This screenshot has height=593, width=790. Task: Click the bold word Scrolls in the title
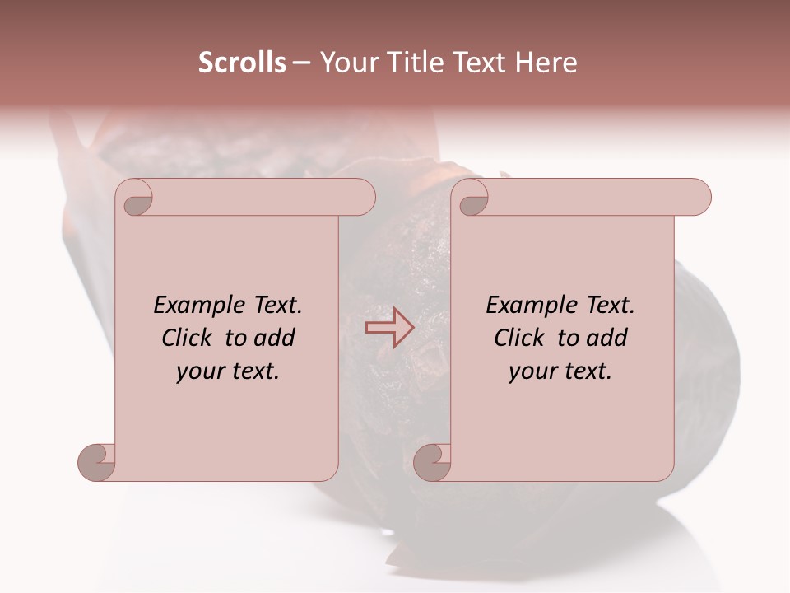pos(243,63)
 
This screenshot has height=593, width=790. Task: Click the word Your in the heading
pos(345,63)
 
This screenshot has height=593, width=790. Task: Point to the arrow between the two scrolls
pos(389,328)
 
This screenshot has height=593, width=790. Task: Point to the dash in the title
pos(301,63)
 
